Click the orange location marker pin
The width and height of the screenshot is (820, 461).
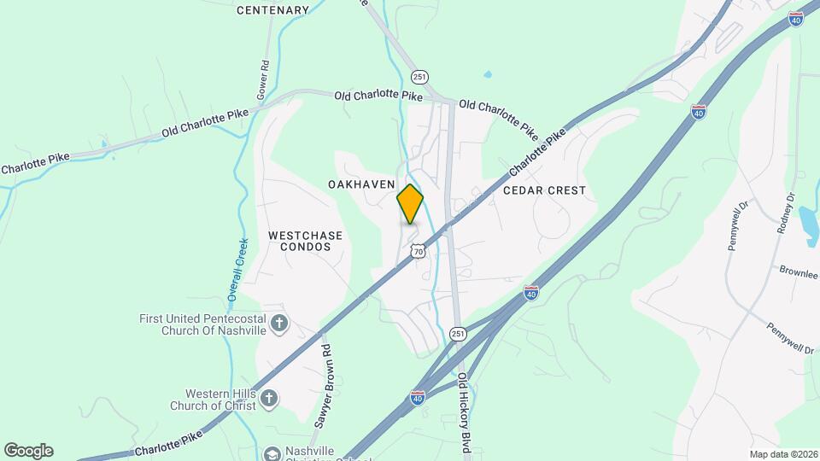410,204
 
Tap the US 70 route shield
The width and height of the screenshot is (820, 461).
417,250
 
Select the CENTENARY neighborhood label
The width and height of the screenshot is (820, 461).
272,10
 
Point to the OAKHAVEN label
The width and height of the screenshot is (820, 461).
360,184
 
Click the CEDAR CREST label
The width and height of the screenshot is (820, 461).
545,190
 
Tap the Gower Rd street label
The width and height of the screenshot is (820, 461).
264,76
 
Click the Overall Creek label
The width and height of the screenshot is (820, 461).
237,269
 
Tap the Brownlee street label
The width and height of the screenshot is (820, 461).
798,273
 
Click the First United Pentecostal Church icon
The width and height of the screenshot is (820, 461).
278,324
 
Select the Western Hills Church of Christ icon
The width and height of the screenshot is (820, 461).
269,398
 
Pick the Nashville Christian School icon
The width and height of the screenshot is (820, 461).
272,454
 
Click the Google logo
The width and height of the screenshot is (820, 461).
28,451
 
